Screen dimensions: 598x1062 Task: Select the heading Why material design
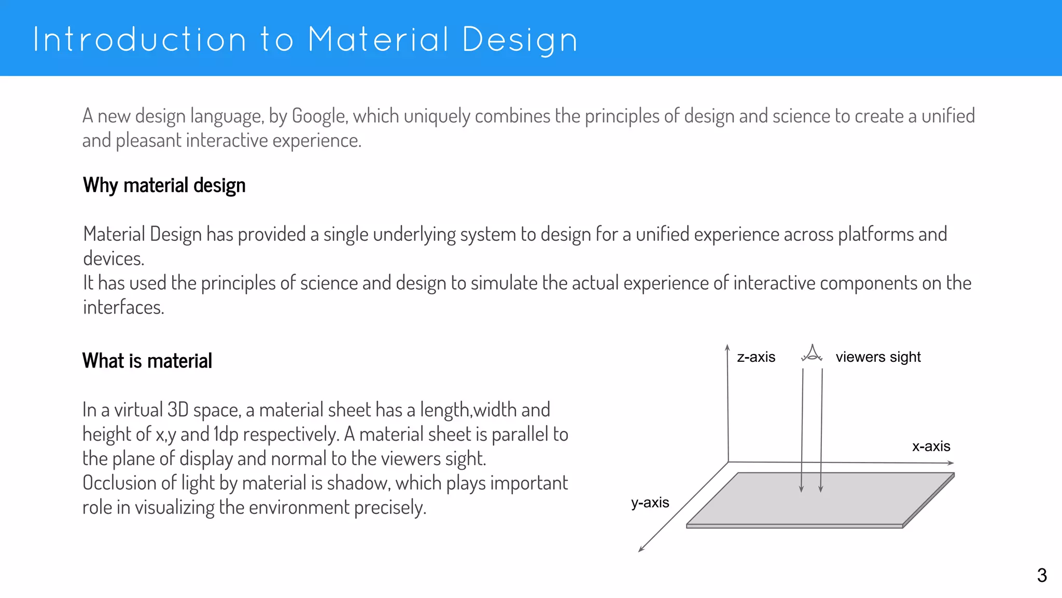[x=164, y=185]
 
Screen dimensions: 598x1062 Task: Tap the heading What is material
[x=147, y=361]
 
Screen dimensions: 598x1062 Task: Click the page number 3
[x=1042, y=575]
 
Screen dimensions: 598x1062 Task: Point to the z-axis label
[x=756, y=357]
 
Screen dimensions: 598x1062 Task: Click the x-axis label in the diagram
[x=931, y=446]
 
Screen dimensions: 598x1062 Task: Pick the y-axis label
[x=650, y=502]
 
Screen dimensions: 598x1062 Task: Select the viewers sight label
[x=878, y=357]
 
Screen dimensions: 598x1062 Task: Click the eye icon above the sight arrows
[x=812, y=354]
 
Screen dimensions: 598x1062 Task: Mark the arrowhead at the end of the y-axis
[x=641, y=549]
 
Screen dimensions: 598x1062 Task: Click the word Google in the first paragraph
[x=318, y=116]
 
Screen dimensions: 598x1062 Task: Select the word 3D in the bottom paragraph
[x=178, y=410]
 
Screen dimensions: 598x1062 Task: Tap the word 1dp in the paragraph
[x=226, y=434]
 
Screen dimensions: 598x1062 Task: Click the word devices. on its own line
[x=114, y=259]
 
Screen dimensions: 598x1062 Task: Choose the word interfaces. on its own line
[x=123, y=307]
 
